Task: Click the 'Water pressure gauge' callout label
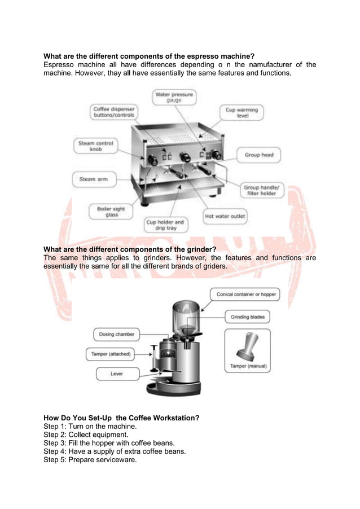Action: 174,97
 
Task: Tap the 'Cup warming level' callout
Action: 242,112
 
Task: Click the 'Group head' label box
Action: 259,155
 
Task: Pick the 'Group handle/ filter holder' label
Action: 260,190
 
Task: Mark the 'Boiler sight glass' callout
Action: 111,212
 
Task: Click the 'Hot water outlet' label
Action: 225,216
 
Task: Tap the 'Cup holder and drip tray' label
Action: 165,225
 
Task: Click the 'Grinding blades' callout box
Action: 247,317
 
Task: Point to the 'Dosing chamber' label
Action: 117,334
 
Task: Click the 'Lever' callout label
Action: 116,374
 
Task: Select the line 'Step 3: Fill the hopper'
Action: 109,443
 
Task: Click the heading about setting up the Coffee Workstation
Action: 121,418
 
